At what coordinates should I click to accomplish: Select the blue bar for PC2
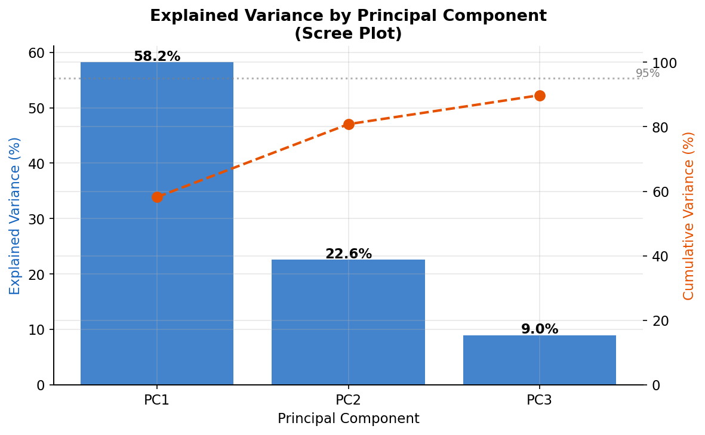tap(348, 322)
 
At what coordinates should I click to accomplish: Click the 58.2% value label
tap(157, 57)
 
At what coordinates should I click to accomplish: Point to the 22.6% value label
tap(348, 254)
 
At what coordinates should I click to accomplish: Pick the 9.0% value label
tap(540, 329)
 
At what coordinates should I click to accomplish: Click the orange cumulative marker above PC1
tap(157, 197)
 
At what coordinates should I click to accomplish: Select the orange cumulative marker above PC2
tap(349, 124)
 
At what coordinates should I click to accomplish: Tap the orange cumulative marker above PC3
tap(540, 95)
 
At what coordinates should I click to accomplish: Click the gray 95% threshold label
tap(647, 73)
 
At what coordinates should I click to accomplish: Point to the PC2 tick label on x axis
tap(348, 400)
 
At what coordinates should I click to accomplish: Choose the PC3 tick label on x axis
tap(540, 400)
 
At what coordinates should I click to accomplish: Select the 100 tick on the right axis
tap(664, 63)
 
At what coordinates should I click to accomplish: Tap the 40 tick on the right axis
tap(660, 257)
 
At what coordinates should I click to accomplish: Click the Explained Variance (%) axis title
tap(15, 215)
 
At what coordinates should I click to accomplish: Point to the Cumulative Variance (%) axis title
tap(689, 215)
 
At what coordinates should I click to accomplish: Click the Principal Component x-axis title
tap(348, 419)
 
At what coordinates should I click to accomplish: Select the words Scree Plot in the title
tap(348, 34)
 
